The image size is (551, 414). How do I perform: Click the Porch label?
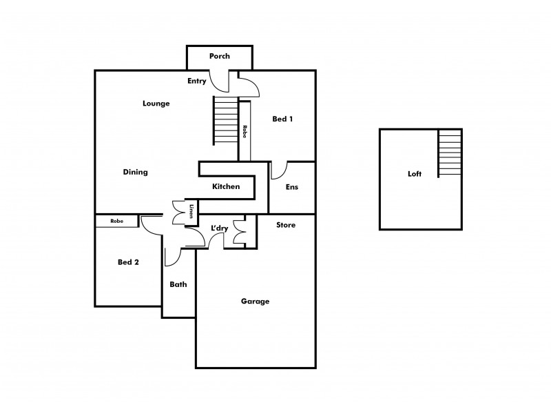coord(220,56)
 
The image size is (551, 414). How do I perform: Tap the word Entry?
coord(197,81)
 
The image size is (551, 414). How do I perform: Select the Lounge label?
coord(156,103)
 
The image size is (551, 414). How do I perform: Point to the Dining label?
coord(136,172)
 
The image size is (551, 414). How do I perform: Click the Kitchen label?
coord(226,187)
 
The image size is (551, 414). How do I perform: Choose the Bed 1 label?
coord(282,119)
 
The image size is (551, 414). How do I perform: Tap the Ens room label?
coord(291,187)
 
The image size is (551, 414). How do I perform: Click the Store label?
coord(286,225)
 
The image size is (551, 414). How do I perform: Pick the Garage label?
coord(255,302)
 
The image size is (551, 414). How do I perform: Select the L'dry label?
coord(220,228)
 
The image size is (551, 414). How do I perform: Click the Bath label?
coord(178,284)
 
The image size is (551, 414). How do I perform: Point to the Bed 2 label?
coord(129,262)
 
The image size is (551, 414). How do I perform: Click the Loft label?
coord(415,175)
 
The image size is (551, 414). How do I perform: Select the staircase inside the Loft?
coord(450,154)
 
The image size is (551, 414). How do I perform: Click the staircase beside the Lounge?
coord(225,120)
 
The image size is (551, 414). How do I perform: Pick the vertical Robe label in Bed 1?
coord(245,131)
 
